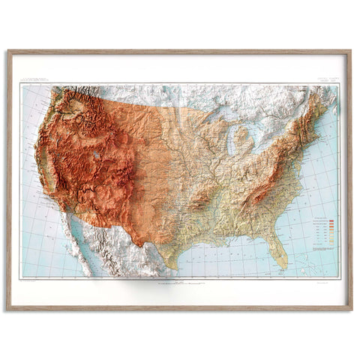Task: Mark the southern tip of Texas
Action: click(170, 264)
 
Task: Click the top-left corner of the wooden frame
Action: click(9, 52)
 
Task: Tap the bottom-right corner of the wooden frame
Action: click(350, 308)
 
